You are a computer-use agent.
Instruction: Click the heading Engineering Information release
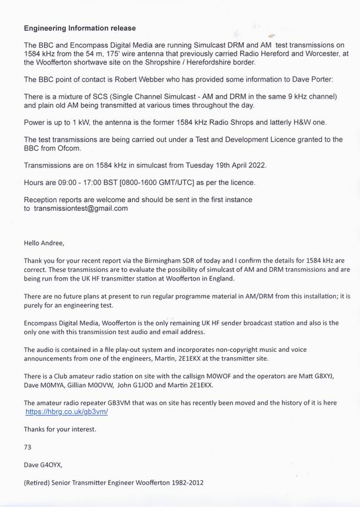80,28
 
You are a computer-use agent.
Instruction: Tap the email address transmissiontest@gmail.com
80,208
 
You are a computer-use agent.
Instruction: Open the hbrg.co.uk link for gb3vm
66,412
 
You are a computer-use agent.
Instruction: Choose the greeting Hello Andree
46,242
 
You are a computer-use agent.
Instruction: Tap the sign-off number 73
28,446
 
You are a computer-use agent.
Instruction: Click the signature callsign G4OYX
51,465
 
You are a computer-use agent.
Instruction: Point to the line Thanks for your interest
60,429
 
